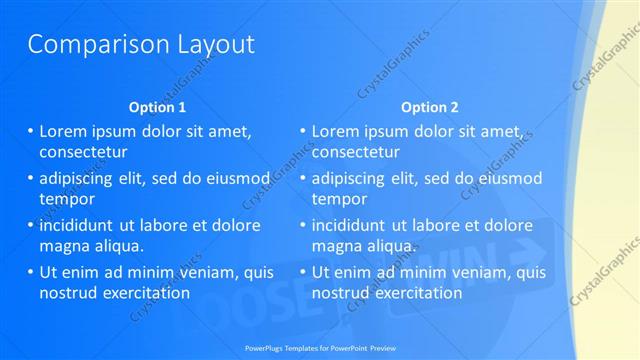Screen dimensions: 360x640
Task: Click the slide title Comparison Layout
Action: tap(140, 44)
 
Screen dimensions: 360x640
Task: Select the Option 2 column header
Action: tap(430, 107)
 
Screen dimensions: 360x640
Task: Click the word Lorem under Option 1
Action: tap(63, 131)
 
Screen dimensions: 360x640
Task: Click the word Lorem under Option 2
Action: tap(336, 131)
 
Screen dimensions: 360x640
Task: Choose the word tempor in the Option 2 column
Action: tap(339, 198)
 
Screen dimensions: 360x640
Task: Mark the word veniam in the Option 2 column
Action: tap(471, 272)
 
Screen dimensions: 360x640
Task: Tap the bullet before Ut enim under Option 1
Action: tap(30, 272)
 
